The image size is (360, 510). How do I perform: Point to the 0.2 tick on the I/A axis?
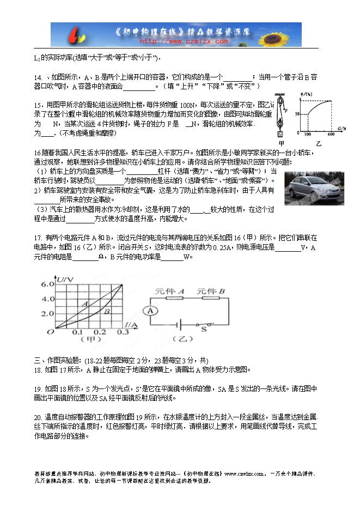[99, 332]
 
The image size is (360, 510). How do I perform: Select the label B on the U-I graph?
[107, 311]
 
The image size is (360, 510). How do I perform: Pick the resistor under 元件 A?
[174, 298]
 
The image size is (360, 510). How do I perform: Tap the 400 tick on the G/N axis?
[331, 133]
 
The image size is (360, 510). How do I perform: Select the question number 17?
[38, 238]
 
